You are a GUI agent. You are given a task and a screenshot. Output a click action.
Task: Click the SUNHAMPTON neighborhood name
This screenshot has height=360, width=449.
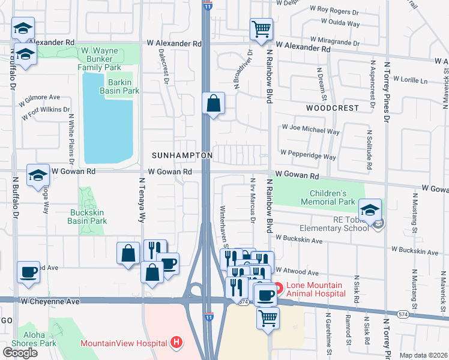(x=181, y=155)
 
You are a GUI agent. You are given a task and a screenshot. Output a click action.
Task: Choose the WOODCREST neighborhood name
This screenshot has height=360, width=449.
(x=332, y=109)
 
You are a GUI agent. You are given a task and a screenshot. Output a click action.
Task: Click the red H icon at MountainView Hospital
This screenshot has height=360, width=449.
(x=176, y=343)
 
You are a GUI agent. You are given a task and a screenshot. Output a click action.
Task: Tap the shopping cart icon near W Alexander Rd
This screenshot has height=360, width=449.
(x=261, y=29)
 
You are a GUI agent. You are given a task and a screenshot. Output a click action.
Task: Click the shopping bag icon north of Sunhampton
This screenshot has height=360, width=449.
(x=213, y=103)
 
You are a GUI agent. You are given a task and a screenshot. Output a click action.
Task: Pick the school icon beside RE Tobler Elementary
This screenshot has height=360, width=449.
(x=370, y=210)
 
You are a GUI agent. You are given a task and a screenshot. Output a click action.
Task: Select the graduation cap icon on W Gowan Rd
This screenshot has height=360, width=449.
(x=38, y=175)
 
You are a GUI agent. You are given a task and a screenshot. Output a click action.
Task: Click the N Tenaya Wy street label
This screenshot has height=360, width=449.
(x=143, y=199)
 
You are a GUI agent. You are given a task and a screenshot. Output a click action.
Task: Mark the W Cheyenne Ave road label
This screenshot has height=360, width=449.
(x=50, y=300)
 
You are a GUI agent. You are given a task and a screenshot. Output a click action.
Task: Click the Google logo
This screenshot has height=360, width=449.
(x=20, y=352)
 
